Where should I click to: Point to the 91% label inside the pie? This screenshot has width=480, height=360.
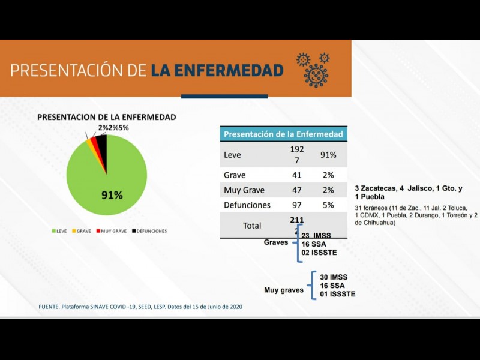[x=112, y=195]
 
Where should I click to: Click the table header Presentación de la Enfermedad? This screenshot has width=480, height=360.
[x=283, y=134]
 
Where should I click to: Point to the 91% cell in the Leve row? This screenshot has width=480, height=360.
[x=328, y=155]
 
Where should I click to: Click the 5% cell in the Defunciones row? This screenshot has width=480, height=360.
[x=328, y=205]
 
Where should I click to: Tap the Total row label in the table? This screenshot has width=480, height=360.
[x=251, y=226]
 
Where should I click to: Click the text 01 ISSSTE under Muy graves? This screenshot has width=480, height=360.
[x=338, y=294]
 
